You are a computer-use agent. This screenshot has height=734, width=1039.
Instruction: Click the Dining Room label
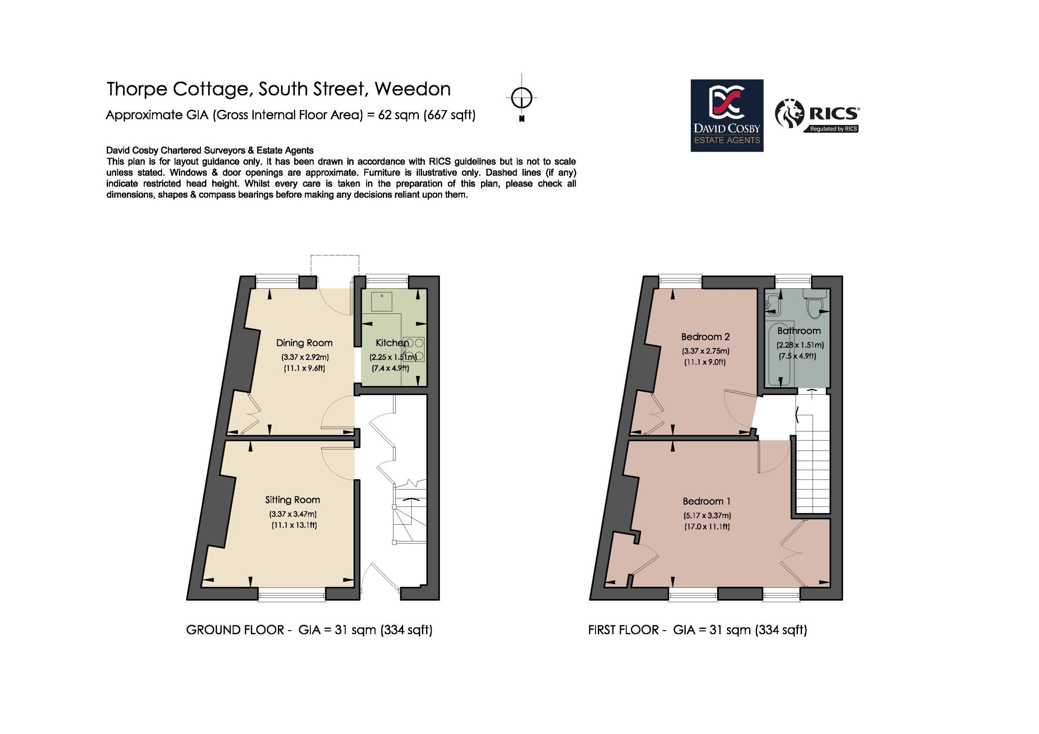pos(304,343)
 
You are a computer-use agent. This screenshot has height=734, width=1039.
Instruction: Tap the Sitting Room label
pos(292,500)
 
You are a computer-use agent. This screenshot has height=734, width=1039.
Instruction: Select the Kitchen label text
pos(392,343)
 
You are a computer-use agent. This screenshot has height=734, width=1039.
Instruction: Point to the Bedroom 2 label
pos(705,337)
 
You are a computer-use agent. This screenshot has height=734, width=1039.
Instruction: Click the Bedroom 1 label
pos(706,501)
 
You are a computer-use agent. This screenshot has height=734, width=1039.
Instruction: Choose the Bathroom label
pos(799,331)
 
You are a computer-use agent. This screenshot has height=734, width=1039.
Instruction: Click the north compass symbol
pos(522,97)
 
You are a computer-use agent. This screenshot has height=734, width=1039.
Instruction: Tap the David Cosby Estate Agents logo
pos(727,115)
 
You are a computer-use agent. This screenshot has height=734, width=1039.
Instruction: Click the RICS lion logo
pos(790,114)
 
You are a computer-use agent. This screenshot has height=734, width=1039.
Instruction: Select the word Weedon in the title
pos(412,89)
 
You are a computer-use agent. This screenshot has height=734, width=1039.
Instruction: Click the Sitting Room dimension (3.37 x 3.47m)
pos(293,514)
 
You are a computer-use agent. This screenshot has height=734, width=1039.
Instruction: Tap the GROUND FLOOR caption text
pos(235,630)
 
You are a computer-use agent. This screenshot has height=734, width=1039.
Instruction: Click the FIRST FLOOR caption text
pos(623,630)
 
